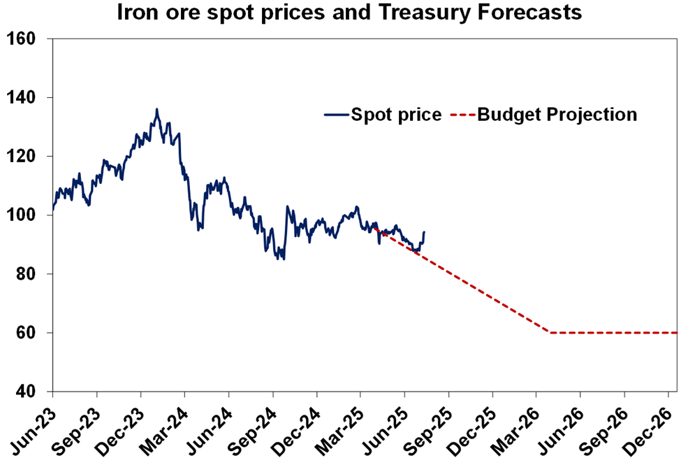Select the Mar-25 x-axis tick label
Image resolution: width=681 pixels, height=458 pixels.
[341, 427]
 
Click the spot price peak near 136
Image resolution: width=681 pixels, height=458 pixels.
[156, 109]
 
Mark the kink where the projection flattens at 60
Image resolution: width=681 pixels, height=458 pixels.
[551, 333]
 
